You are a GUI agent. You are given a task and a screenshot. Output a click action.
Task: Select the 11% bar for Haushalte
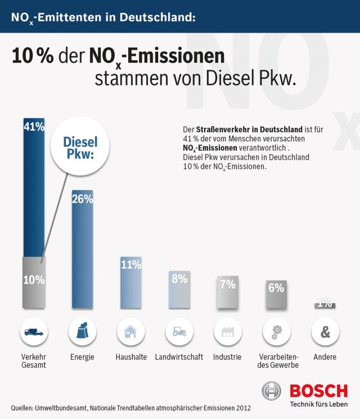131,283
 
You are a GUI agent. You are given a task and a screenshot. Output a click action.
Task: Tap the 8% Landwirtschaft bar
179,290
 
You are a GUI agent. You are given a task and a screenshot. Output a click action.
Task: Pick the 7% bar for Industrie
228,292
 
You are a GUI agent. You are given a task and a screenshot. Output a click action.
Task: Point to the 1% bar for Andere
324,304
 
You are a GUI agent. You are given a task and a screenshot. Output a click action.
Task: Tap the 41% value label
34,127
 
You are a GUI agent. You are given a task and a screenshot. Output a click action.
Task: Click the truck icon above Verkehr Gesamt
34,332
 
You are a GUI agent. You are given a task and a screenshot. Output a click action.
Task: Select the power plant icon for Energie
82,332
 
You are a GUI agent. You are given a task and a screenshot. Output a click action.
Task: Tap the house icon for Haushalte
131,332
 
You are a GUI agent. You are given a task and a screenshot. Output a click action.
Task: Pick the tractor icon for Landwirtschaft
179,332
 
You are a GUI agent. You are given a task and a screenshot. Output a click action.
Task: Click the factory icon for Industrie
228,332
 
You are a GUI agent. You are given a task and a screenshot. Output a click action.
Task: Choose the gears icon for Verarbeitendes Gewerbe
276,332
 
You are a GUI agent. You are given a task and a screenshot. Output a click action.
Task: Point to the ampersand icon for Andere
325,332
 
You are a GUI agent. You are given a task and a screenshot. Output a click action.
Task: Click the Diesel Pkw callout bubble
81,148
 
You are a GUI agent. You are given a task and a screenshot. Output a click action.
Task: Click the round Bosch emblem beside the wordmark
272,391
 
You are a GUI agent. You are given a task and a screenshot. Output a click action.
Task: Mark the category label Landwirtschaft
179,357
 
